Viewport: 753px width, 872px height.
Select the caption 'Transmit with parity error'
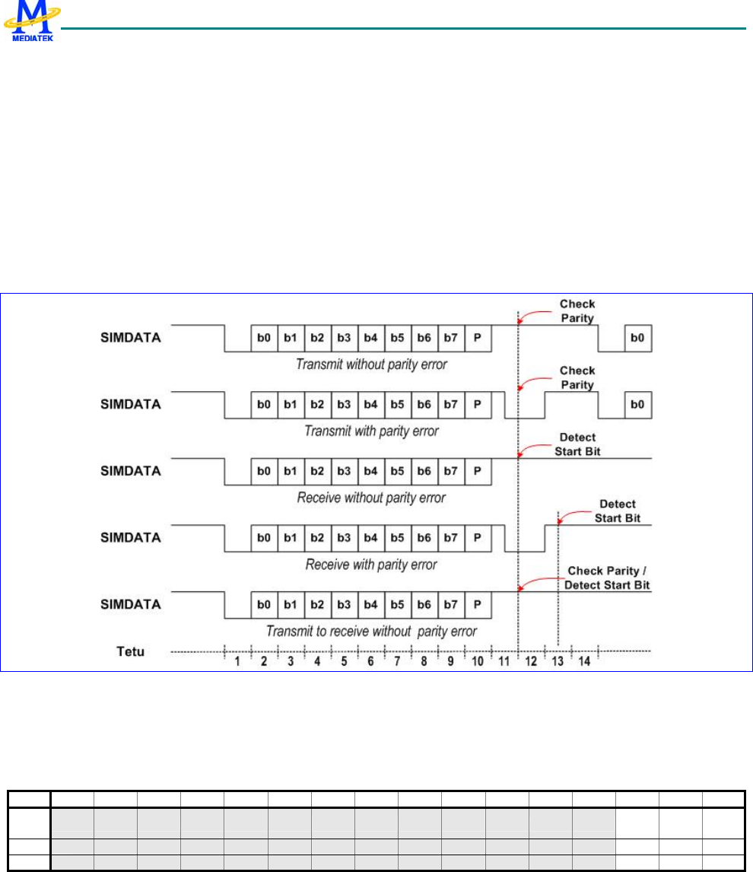371,431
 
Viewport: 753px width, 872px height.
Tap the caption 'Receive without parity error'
370,498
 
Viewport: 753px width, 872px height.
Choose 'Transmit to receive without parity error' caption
371,632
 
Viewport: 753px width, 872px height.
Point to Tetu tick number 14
584,661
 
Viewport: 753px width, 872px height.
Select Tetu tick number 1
238,661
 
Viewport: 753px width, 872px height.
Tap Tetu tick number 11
504,661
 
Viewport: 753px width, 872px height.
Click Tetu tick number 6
370,661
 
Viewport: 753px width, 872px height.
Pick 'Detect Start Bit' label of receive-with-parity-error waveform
617,511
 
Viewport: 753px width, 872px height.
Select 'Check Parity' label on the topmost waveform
577,310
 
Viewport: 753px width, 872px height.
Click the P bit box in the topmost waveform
477,338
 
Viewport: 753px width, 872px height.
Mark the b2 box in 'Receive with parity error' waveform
317,538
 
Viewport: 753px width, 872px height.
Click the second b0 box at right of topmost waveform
638,338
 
